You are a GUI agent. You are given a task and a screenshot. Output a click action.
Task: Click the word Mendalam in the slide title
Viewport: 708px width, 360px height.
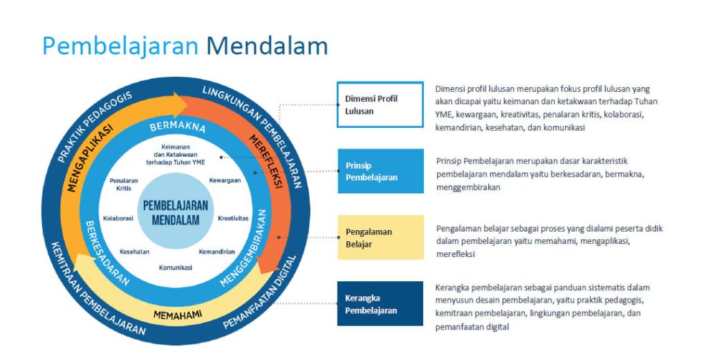pyautogui.click(x=267, y=46)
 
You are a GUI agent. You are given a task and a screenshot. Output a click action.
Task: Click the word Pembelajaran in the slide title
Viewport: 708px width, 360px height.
pyautogui.click(x=120, y=46)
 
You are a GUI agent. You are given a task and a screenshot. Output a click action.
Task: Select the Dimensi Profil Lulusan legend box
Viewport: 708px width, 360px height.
pyautogui.click(x=380, y=104)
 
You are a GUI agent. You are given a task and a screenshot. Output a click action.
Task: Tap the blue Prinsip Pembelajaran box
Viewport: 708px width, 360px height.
pyautogui.click(x=381, y=171)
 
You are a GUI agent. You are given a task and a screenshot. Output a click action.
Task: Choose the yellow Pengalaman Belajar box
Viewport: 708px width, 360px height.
pyautogui.click(x=381, y=237)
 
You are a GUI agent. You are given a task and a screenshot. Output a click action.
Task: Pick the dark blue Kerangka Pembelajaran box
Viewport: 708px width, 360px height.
pyautogui.click(x=380, y=303)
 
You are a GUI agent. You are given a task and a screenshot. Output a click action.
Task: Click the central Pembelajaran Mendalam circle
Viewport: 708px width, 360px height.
pyautogui.click(x=176, y=211)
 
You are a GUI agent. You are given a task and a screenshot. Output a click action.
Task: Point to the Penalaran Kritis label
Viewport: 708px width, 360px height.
pyautogui.click(x=124, y=184)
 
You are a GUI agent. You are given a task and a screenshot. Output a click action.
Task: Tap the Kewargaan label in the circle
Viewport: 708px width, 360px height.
pyautogui.click(x=225, y=180)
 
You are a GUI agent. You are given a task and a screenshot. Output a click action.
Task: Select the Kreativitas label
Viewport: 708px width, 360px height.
pyautogui.click(x=234, y=218)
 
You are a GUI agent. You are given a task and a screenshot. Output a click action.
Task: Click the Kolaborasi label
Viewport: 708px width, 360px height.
pyautogui.click(x=118, y=218)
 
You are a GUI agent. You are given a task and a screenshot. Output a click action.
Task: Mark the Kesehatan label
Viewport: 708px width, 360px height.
pyautogui.click(x=135, y=252)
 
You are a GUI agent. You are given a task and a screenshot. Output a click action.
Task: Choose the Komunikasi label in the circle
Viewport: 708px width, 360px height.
pyautogui.click(x=176, y=267)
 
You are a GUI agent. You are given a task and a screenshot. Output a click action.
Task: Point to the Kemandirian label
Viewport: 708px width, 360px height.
pyautogui.click(x=216, y=252)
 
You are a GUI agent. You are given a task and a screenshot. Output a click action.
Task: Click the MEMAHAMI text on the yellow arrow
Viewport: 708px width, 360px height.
pyautogui.click(x=178, y=315)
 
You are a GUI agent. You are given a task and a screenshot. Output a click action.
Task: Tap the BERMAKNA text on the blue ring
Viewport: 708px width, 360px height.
pyautogui.click(x=178, y=126)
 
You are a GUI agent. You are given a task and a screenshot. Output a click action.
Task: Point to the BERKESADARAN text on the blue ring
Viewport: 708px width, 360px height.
pyautogui.click(x=107, y=253)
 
